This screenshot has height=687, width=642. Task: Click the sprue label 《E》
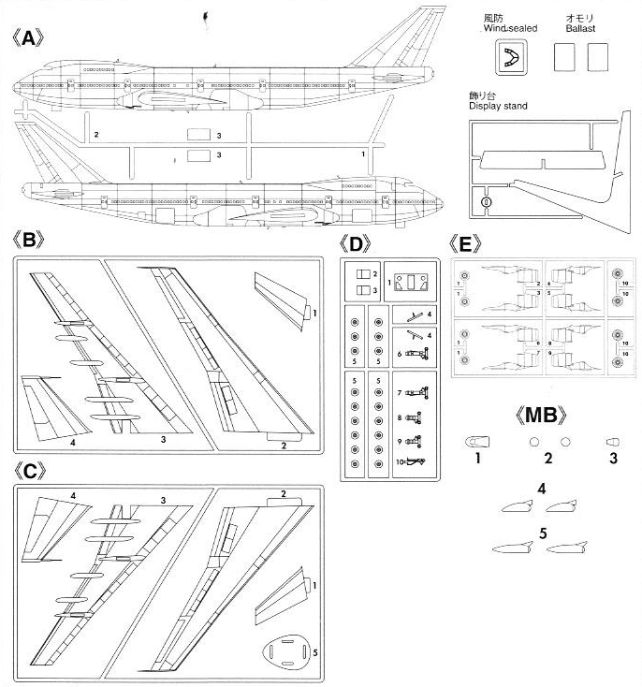[x=466, y=244]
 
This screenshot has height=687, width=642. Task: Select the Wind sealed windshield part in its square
[x=511, y=59]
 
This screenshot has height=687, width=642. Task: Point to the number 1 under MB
[x=476, y=458]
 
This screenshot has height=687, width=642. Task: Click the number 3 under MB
[x=614, y=458]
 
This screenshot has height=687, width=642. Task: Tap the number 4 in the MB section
[x=542, y=487]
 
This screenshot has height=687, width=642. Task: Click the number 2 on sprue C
[x=283, y=494]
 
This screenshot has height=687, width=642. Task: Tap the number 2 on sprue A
[x=96, y=135]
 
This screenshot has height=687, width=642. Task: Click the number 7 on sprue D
[x=399, y=393]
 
